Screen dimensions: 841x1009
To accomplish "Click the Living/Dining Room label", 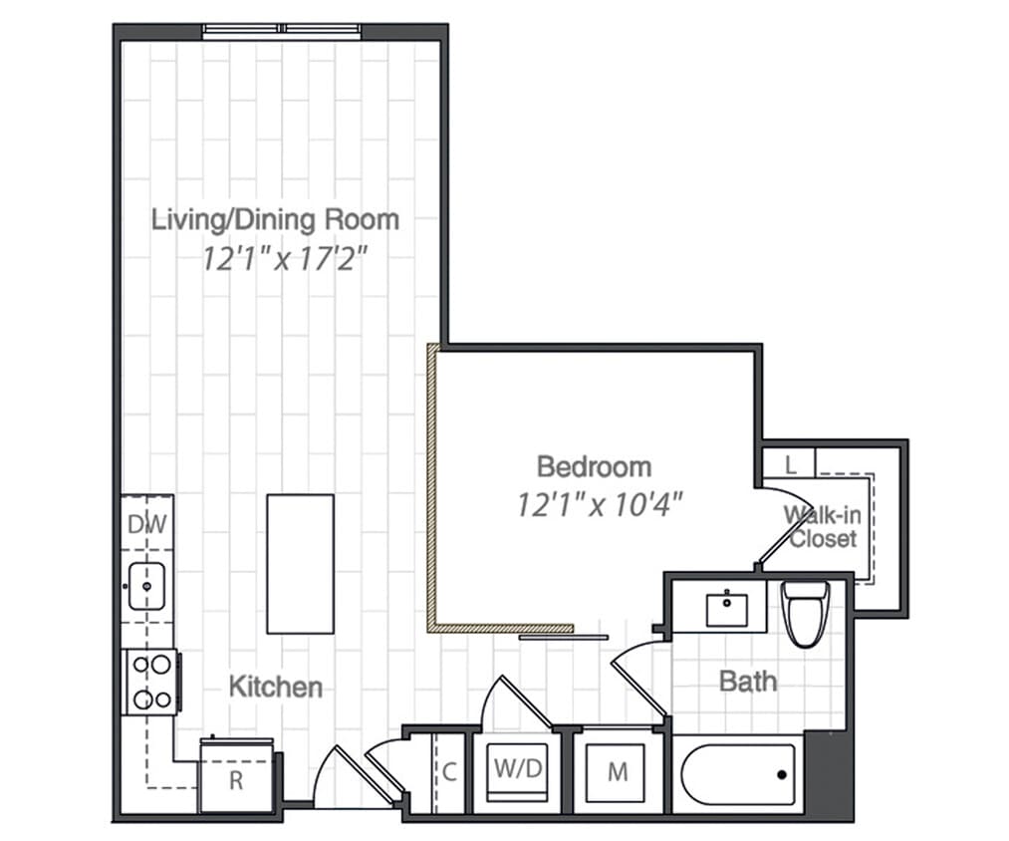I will pos(275,219).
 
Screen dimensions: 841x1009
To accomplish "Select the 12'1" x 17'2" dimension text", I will pos(285,259).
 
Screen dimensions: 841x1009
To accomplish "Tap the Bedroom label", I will pos(594,466).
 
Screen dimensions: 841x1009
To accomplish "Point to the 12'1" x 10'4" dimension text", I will pos(601,504).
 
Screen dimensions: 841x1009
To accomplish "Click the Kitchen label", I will pos(276,687).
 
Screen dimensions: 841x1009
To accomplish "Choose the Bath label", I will pos(748,682).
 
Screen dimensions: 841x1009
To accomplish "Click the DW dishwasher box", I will pos(146,524).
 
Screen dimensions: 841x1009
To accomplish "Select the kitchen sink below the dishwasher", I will pos(147,585).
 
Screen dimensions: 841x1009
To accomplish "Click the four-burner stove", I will pos(150,682).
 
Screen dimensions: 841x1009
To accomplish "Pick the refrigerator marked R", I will pos(237,777).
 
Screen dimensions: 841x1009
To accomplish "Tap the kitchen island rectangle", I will pos(300,563).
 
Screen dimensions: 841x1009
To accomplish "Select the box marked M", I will pos(618,772).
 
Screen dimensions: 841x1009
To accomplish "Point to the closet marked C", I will pos(450,771).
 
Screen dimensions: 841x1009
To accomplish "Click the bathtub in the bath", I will pos(738,775).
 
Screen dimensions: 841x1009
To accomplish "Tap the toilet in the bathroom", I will pos(805,613).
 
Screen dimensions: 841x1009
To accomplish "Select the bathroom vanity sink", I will pos(728,607).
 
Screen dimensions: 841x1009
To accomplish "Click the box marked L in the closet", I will pos(790,463).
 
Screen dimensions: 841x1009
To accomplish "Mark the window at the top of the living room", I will pos(282,31).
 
